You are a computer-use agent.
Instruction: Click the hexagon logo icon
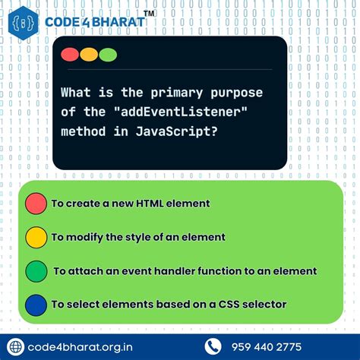tap(25, 23)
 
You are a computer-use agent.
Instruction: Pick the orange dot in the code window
tap(89, 55)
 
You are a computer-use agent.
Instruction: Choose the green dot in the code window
tap(108, 55)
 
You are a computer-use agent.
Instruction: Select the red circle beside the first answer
tap(36, 204)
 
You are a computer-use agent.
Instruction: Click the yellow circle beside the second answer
tap(36, 237)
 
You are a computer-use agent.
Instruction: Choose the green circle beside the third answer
tap(36, 270)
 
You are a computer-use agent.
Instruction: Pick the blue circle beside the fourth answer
tap(36, 304)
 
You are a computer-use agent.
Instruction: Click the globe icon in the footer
tap(15, 346)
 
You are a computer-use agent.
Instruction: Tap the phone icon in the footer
tap(213, 346)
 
